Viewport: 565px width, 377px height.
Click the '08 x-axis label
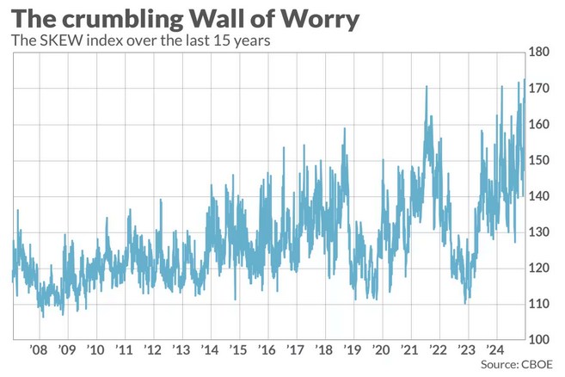point(39,350)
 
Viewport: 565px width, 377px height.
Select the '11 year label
point(125,350)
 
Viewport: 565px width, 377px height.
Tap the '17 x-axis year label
point(296,350)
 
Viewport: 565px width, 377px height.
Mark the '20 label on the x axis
point(381,350)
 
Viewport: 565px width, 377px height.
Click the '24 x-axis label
point(494,350)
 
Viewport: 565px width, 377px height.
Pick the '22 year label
point(438,350)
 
